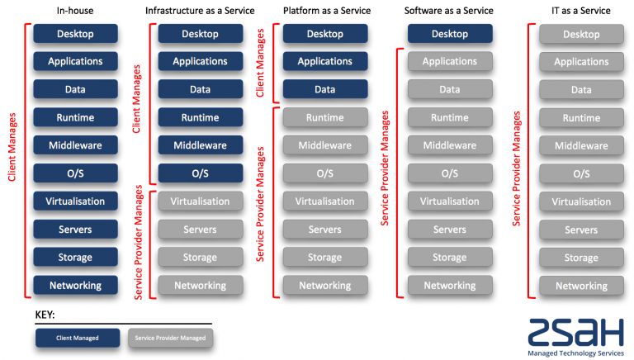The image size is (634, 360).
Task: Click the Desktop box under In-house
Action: [x=75, y=34]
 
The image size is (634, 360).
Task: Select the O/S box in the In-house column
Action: [x=75, y=173]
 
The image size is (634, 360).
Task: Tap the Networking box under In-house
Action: [x=75, y=286]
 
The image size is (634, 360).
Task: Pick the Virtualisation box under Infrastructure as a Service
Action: [x=200, y=201]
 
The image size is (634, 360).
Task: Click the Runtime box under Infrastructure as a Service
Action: [x=200, y=117]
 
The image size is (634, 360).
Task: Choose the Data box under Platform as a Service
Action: [x=324, y=89]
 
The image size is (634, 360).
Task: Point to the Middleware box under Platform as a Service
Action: [x=324, y=145]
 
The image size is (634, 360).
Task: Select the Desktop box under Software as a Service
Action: [x=450, y=34]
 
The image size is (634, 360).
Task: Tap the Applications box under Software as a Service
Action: [x=450, y=62]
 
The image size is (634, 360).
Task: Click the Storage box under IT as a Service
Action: [x=581, y=258]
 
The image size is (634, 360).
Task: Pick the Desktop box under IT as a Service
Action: [x=581, y=35]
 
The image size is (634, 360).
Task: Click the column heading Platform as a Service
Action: [x=326, y=11]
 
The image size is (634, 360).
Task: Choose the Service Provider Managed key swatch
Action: [x=170, y=338]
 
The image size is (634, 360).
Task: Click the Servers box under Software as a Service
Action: [x=450, y=230]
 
